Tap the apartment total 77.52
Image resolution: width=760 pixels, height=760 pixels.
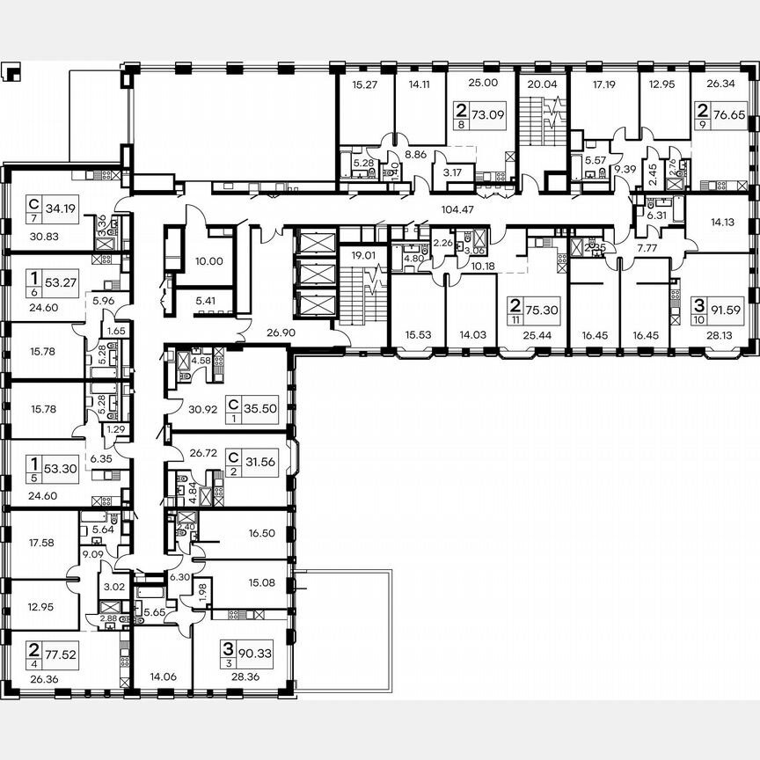pyautogui.click(x=49, y=652)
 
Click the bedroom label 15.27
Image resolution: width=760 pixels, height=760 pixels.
pyautogui.click(x=364, y=85)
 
